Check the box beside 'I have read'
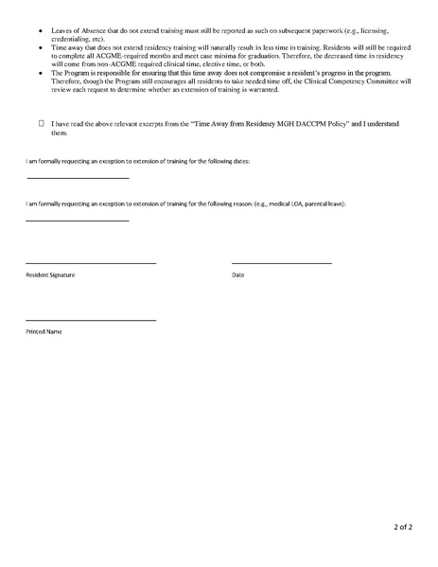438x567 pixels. (x=42, y=123)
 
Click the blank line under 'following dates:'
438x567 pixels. (x=77, y=178)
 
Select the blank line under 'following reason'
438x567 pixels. (x=77, y=221)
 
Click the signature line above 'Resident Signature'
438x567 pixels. (x=90, y=262)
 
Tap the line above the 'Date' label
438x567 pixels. (x=281, y=262)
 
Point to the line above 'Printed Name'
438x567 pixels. (x=90, y=321)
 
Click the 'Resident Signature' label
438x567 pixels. (x=50, y=275)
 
